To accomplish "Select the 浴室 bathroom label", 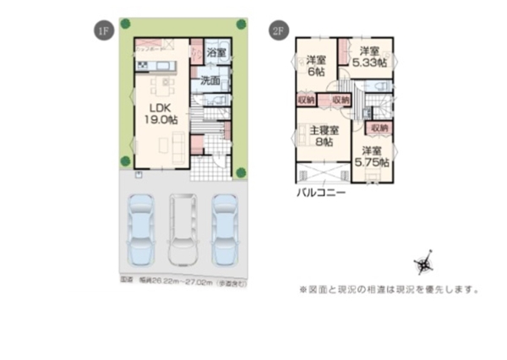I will (x=217, y=53).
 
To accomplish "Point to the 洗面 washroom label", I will (x=211, y=81).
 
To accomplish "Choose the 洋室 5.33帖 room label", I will (x=369, y=57).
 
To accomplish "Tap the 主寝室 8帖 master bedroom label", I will (x=323, y=137).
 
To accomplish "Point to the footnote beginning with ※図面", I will (x=388, y=288).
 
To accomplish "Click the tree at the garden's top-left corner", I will (x=125, y=23).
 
